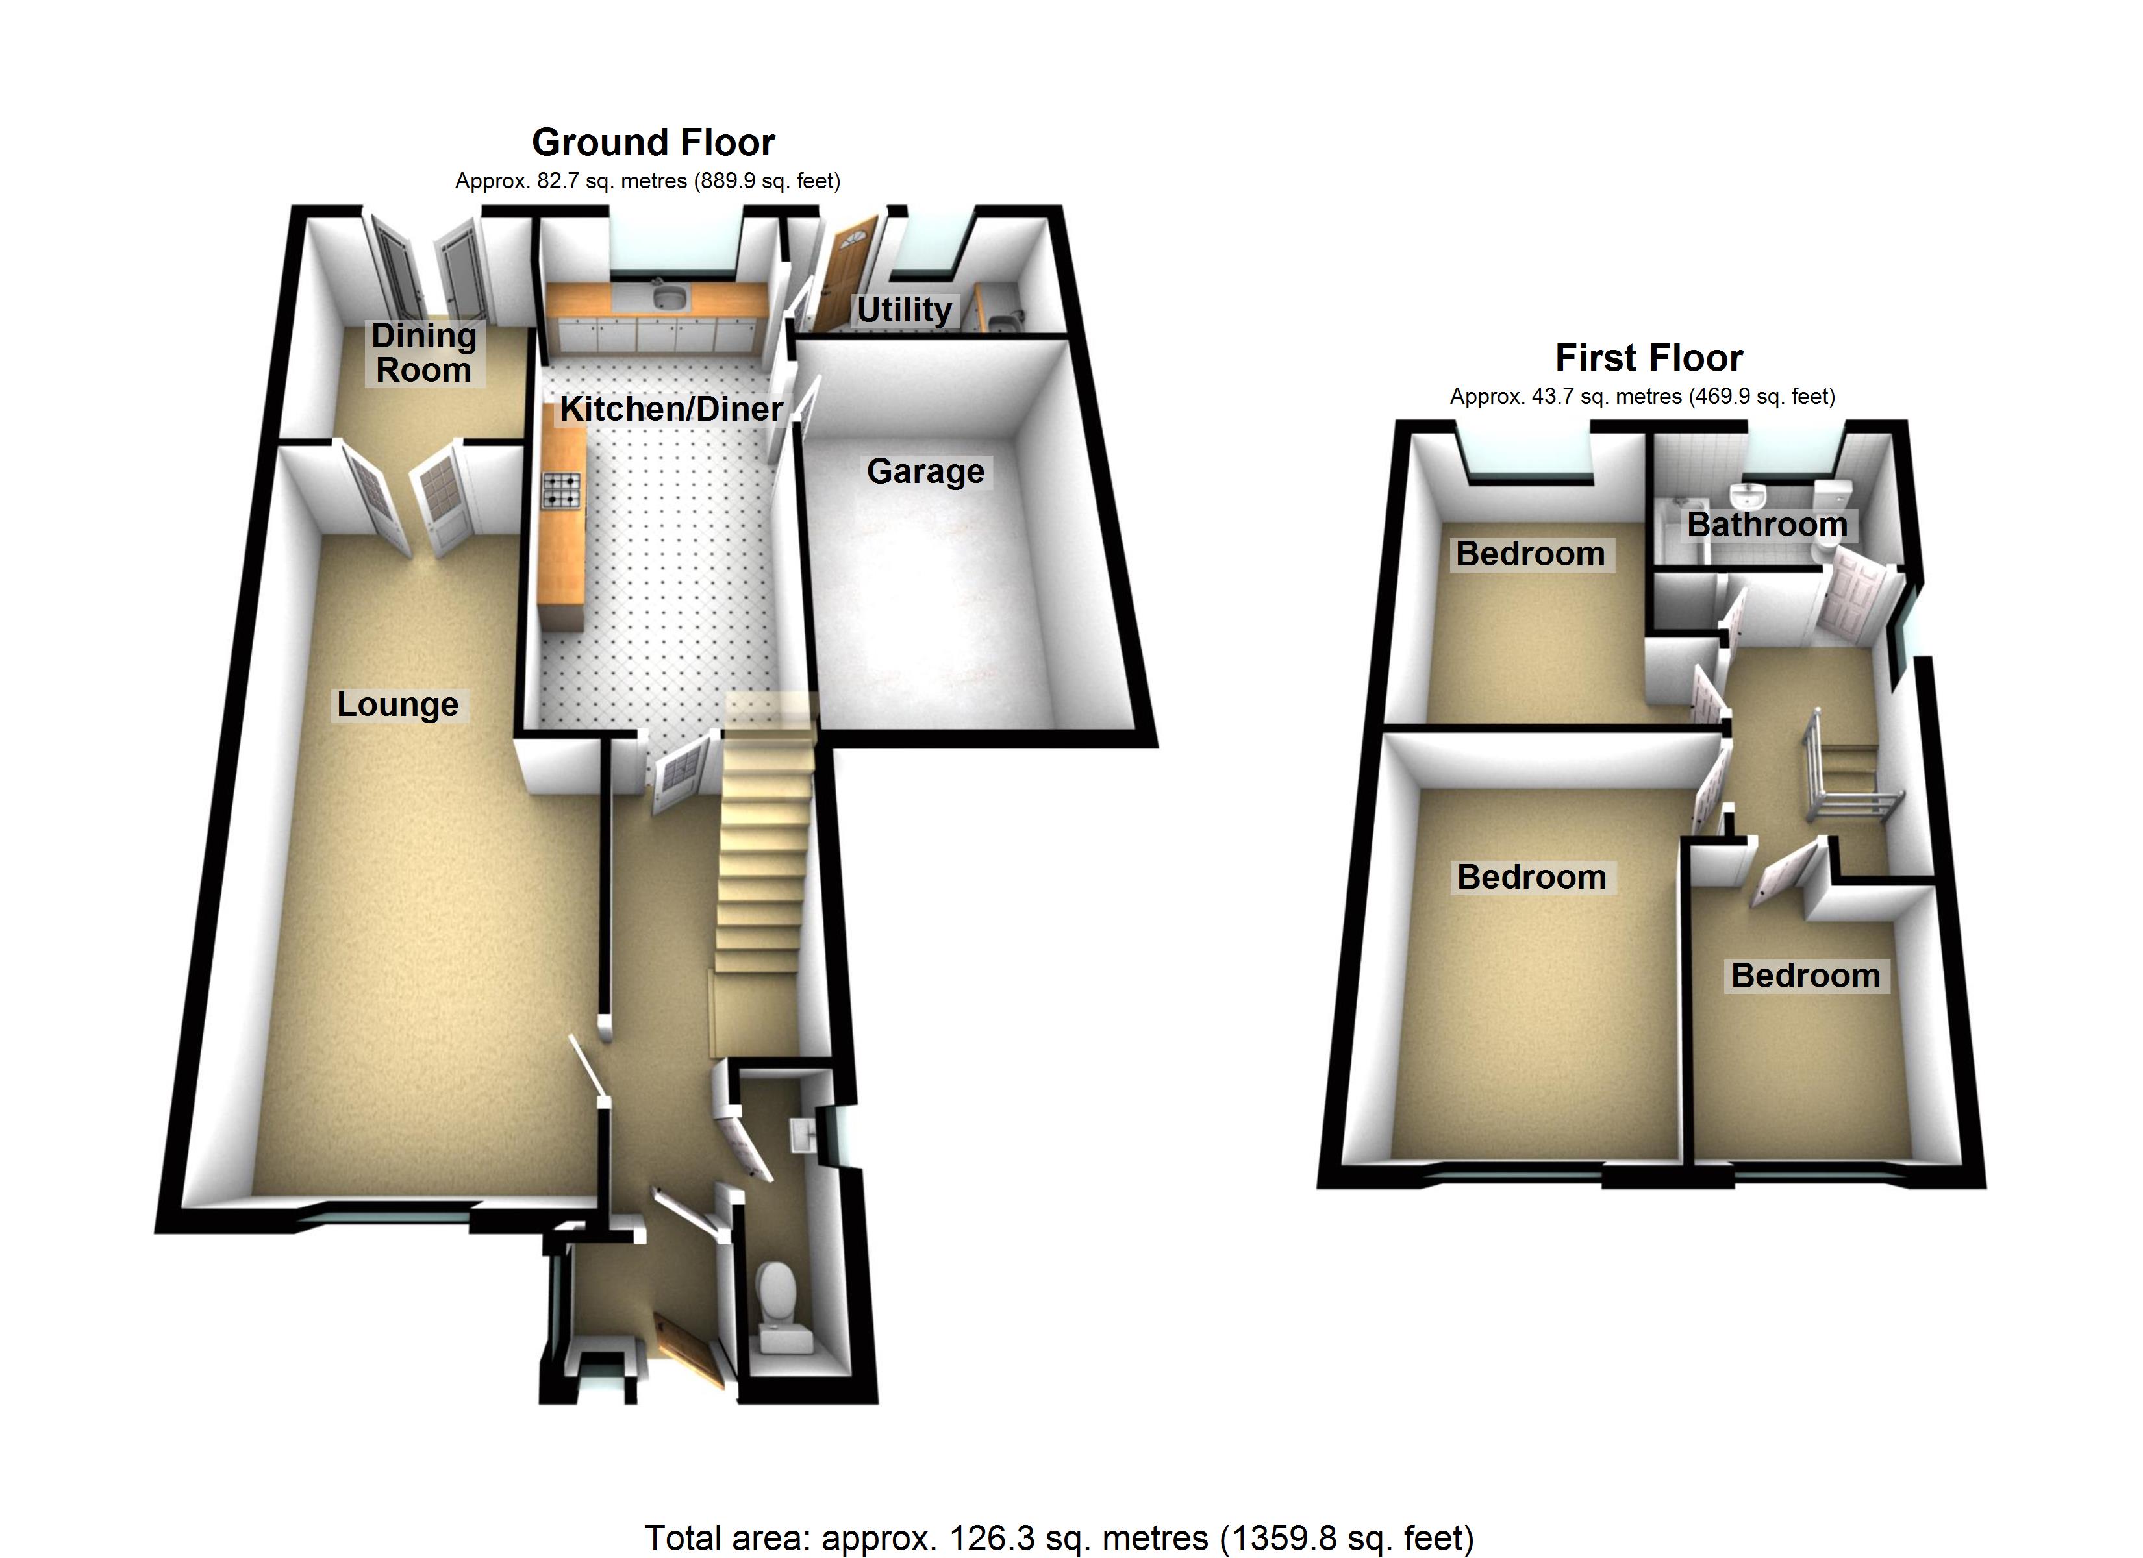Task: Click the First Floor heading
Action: coord(1649,358)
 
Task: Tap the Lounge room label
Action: coord(398,705)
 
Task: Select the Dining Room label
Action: coord(423,352)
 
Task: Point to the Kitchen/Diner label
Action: coord(671,409)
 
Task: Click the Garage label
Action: coord(925,471)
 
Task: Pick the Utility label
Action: coord(904,310)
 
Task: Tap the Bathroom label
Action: coord(1767,525)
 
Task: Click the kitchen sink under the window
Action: coord(670,299)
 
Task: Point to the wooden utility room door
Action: coord(846,274)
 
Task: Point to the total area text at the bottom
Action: coord(1059,1537)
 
